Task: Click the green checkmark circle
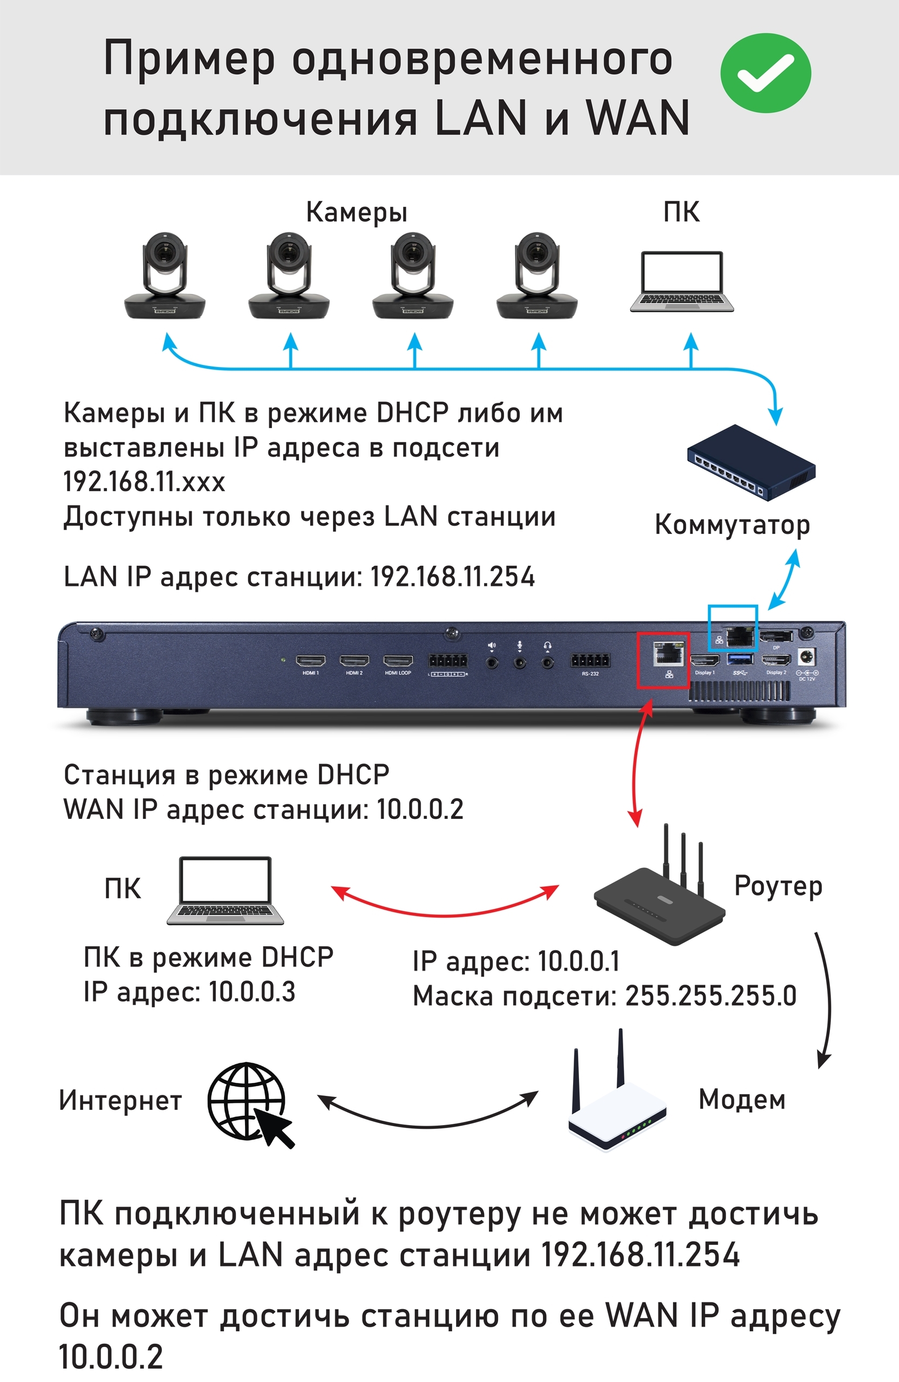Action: [765, 72]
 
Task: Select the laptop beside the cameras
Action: [682, 282]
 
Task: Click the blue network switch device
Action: [752, 462]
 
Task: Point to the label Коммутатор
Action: [732, 525]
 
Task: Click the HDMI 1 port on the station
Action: [310, 661]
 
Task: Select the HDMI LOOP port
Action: [398, 661]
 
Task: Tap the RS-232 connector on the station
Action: [590, 661]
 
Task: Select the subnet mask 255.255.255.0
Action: [710, 997]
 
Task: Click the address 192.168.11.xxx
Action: [144, 482]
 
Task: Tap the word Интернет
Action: [120, 1100]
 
